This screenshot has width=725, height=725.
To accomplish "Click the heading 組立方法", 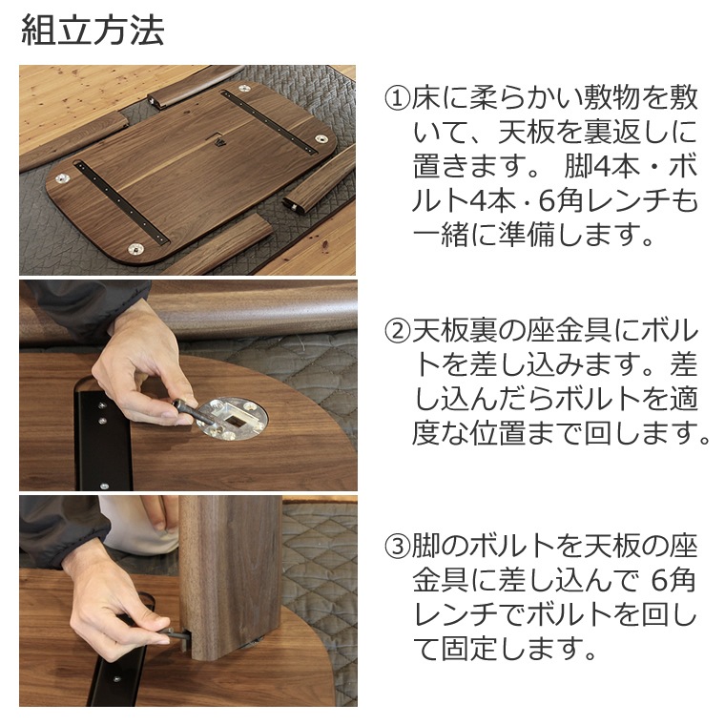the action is point(93,31).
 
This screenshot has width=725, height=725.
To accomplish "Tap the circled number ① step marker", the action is point(398,98).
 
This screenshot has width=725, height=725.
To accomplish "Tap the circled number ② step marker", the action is point(398,331).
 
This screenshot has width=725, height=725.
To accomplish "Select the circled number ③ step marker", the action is point(398,546).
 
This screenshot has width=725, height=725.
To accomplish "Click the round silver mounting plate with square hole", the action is point(234,418).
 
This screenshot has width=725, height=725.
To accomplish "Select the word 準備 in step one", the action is point(528,235).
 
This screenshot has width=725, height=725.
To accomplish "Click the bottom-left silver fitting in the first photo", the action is point(135,249).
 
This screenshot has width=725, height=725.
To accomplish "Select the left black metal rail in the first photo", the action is point(122,201).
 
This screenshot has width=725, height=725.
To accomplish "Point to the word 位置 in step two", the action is point(498,433).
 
